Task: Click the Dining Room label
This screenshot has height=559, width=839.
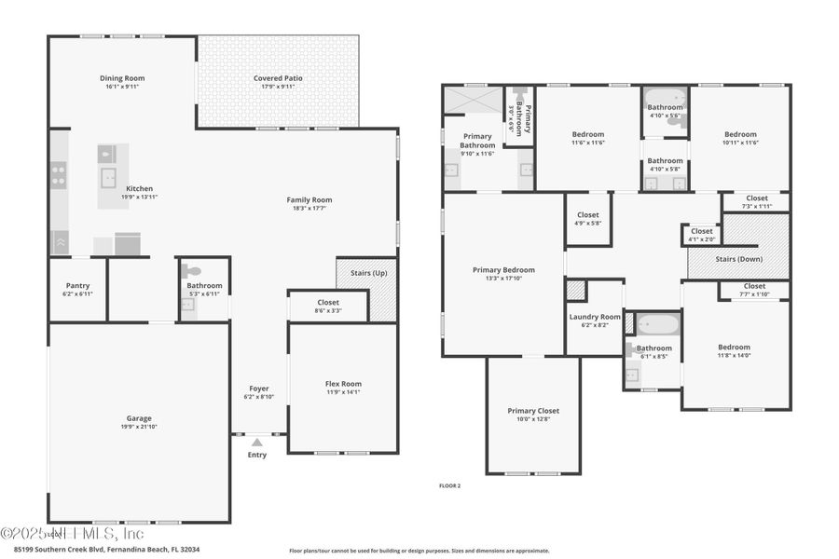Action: pyautogui.click(x=122, y=78)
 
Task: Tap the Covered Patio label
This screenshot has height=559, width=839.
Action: pyautogui.click(x=278, y=78)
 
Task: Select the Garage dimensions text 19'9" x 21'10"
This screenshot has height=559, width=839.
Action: pyautogui.click(x=139, y=427)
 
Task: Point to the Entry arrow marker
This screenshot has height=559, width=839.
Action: pyautogui.click(x=256, y=443)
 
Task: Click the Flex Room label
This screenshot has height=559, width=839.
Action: pyautogui.click(x=343, y=384)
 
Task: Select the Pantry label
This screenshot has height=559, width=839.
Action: pyautogui.click(x=77, y=285)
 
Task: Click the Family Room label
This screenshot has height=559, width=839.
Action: pyautogui.click(x=309, y=199)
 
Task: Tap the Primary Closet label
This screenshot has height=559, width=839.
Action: pyautogui.click(x=533, y=411)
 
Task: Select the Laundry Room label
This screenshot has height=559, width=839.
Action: pyautogui.click(x=595, y=317)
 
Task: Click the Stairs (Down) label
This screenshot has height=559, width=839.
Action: pyautogui.click(x=739, y=259)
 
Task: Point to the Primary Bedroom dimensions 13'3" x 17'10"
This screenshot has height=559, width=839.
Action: pyautogui.click(x=503, y=278)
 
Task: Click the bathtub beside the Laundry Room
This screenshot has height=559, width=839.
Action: pyautogui.click(x=658, y=323)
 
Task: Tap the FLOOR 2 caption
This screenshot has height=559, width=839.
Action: pyautogui.click(x=449, y=485)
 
